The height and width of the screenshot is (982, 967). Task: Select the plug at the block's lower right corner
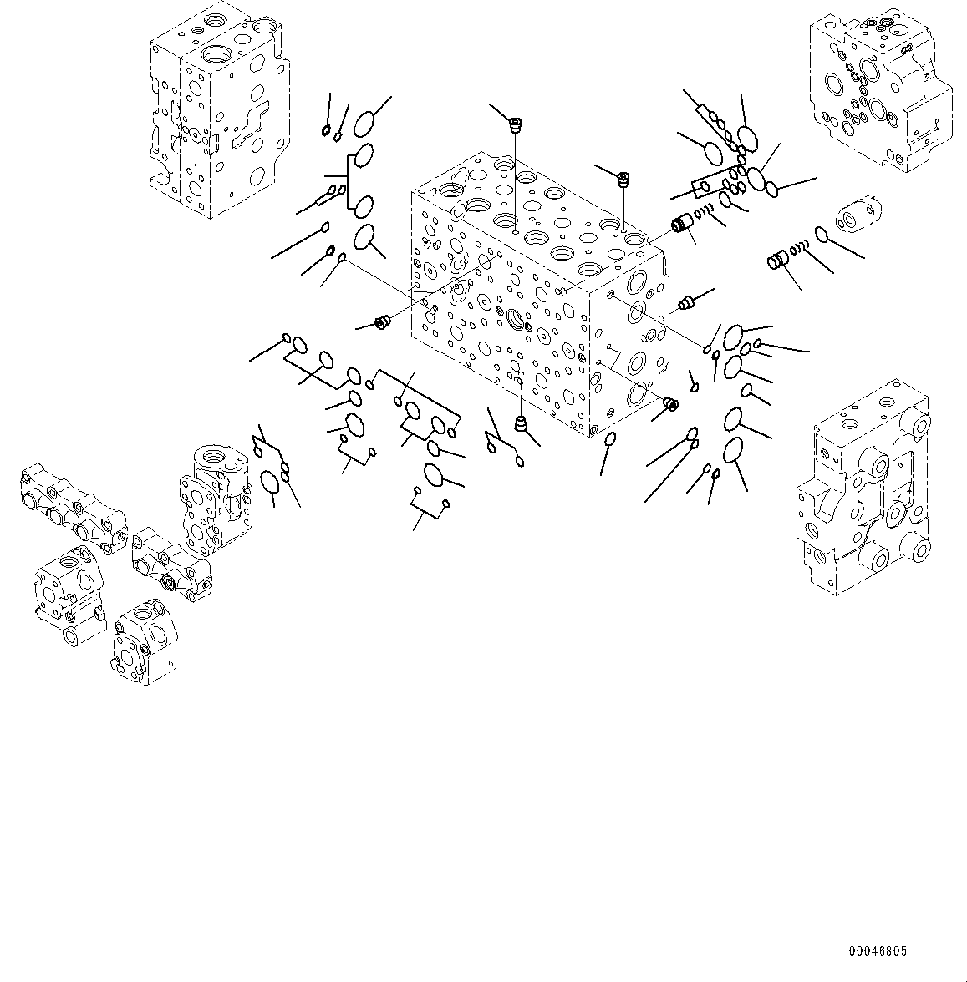[x=669, y=405]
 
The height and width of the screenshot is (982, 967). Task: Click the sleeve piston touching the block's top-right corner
[x=684, y=225]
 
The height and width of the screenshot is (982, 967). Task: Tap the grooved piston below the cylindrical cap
[x=779, y=261]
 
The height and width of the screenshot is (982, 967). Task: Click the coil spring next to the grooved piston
[x=800, y=247]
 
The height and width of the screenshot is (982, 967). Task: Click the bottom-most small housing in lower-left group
[x=143, y=643]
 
